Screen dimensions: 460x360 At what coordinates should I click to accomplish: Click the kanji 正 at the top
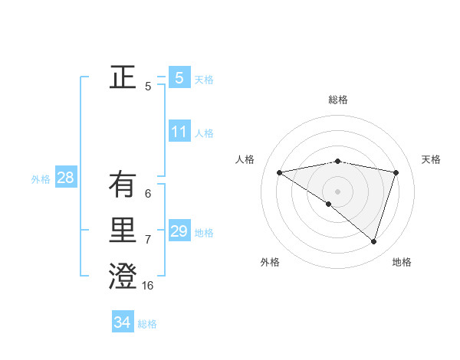pyautogui.click(x=123, y=77)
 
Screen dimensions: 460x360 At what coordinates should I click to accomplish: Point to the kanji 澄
pyautogui.click(x=123, y=276)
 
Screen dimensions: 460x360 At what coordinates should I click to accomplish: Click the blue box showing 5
pyautogui.click(x=179, y=77)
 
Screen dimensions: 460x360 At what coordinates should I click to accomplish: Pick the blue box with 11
pyautogui.click(x=179, y=132)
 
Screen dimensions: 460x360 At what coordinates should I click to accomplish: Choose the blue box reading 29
pyautogui.click(x=179, y=231)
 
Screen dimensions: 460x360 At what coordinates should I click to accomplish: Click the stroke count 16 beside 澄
pyautogui.click(x=148, y=286)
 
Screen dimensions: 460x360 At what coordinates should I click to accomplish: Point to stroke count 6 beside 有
pyautogui.click(x=148, y=194)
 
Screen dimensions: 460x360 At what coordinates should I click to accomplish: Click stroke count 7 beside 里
pyautogui.click(x=148, y=240)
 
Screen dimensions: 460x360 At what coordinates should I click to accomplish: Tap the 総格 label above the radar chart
pyautogui.click(x=337, y=100)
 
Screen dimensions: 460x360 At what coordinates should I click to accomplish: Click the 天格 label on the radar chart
pyautogui.click(x=432, y=159)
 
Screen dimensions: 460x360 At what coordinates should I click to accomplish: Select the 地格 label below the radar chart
pyautogui.click(x=402, y=262)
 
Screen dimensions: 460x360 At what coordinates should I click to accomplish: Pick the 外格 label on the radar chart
pyautogui.click(x=270, y=262)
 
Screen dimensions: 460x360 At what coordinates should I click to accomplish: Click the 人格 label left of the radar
pyautogui.click(x=245, y=159)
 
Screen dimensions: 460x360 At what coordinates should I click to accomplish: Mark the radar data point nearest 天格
pyautogui.click(x=396, y=172)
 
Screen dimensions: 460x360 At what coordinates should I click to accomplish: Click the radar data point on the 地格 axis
pyautogui.click(x=373, y=241)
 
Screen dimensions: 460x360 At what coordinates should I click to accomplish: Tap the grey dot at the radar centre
pyautogui.click(x=337, y=191)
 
